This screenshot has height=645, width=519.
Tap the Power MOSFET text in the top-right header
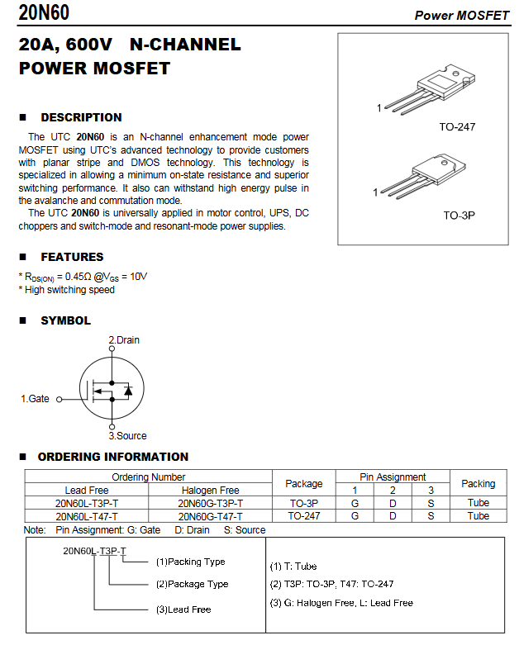tap(461, 15)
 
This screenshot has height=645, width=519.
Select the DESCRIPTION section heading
tap(81, 117)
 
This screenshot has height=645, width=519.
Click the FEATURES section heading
tap(72, 257)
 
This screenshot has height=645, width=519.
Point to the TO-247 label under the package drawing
tap(457, 127)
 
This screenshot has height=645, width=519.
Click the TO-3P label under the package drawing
tap(459, 215)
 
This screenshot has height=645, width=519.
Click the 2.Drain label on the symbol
tap(124, 339)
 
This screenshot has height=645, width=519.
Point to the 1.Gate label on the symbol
tap(35, 399)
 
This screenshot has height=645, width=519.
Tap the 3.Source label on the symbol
tap(127, 435)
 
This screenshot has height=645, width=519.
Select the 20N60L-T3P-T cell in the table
tap(87, 503)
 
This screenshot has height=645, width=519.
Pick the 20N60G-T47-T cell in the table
tap(210, 516)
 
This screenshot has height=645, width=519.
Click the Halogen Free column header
tap(210, 490)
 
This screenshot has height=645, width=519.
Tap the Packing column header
tap(478, 483)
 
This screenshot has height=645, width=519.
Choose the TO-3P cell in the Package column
tap(303, 503)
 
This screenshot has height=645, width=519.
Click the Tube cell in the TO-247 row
tap(478, 516)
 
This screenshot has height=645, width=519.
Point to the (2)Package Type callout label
tap(192, 584)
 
